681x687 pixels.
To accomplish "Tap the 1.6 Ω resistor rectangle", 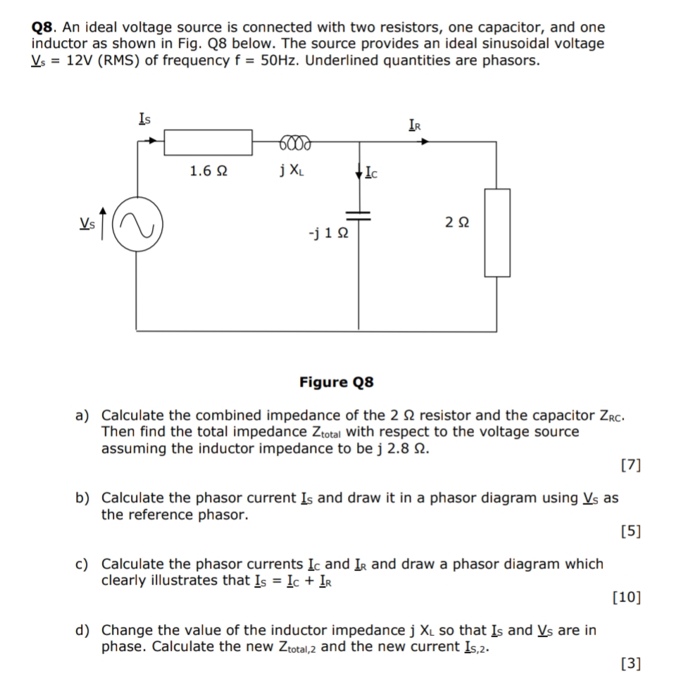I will [208, 142].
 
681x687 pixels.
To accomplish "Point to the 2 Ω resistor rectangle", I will [496, 232].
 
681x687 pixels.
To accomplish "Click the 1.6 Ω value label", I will [208, 170].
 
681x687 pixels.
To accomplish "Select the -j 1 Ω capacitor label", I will [327, 233].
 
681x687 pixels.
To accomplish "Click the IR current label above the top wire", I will [416, 125].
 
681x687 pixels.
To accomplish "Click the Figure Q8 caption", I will [336, 382].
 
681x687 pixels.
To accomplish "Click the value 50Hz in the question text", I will [281, 61].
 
